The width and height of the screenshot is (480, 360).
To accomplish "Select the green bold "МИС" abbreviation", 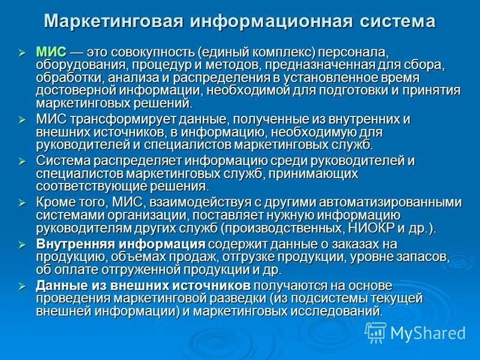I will coord(49,53).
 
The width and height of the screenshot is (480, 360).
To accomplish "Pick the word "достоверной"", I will coord(73,91).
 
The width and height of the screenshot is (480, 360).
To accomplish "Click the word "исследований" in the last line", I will coord(340,310).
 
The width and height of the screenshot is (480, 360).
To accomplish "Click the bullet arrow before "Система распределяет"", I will coord(22,161).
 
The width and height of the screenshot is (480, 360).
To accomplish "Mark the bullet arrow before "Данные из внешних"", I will coord(22,286).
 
